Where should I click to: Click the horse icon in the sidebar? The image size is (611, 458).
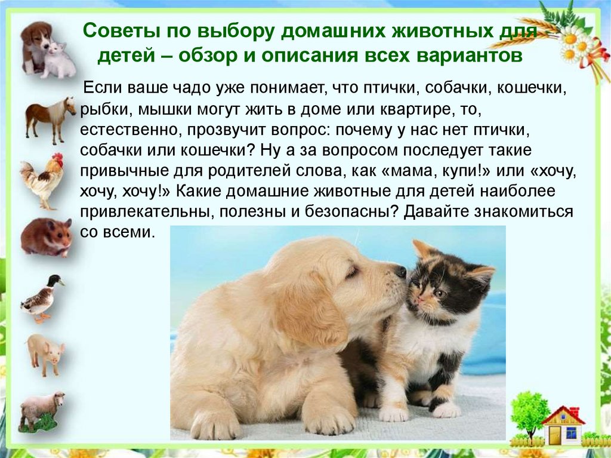click(x=50, y=119)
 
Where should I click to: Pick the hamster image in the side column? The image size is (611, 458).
click(x=47, y=237)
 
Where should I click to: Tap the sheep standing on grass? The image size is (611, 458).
click(x=41, y=411)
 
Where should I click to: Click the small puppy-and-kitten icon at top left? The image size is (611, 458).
click(x=48, y=50)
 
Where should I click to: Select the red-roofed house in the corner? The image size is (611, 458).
click(x=563, y=426)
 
